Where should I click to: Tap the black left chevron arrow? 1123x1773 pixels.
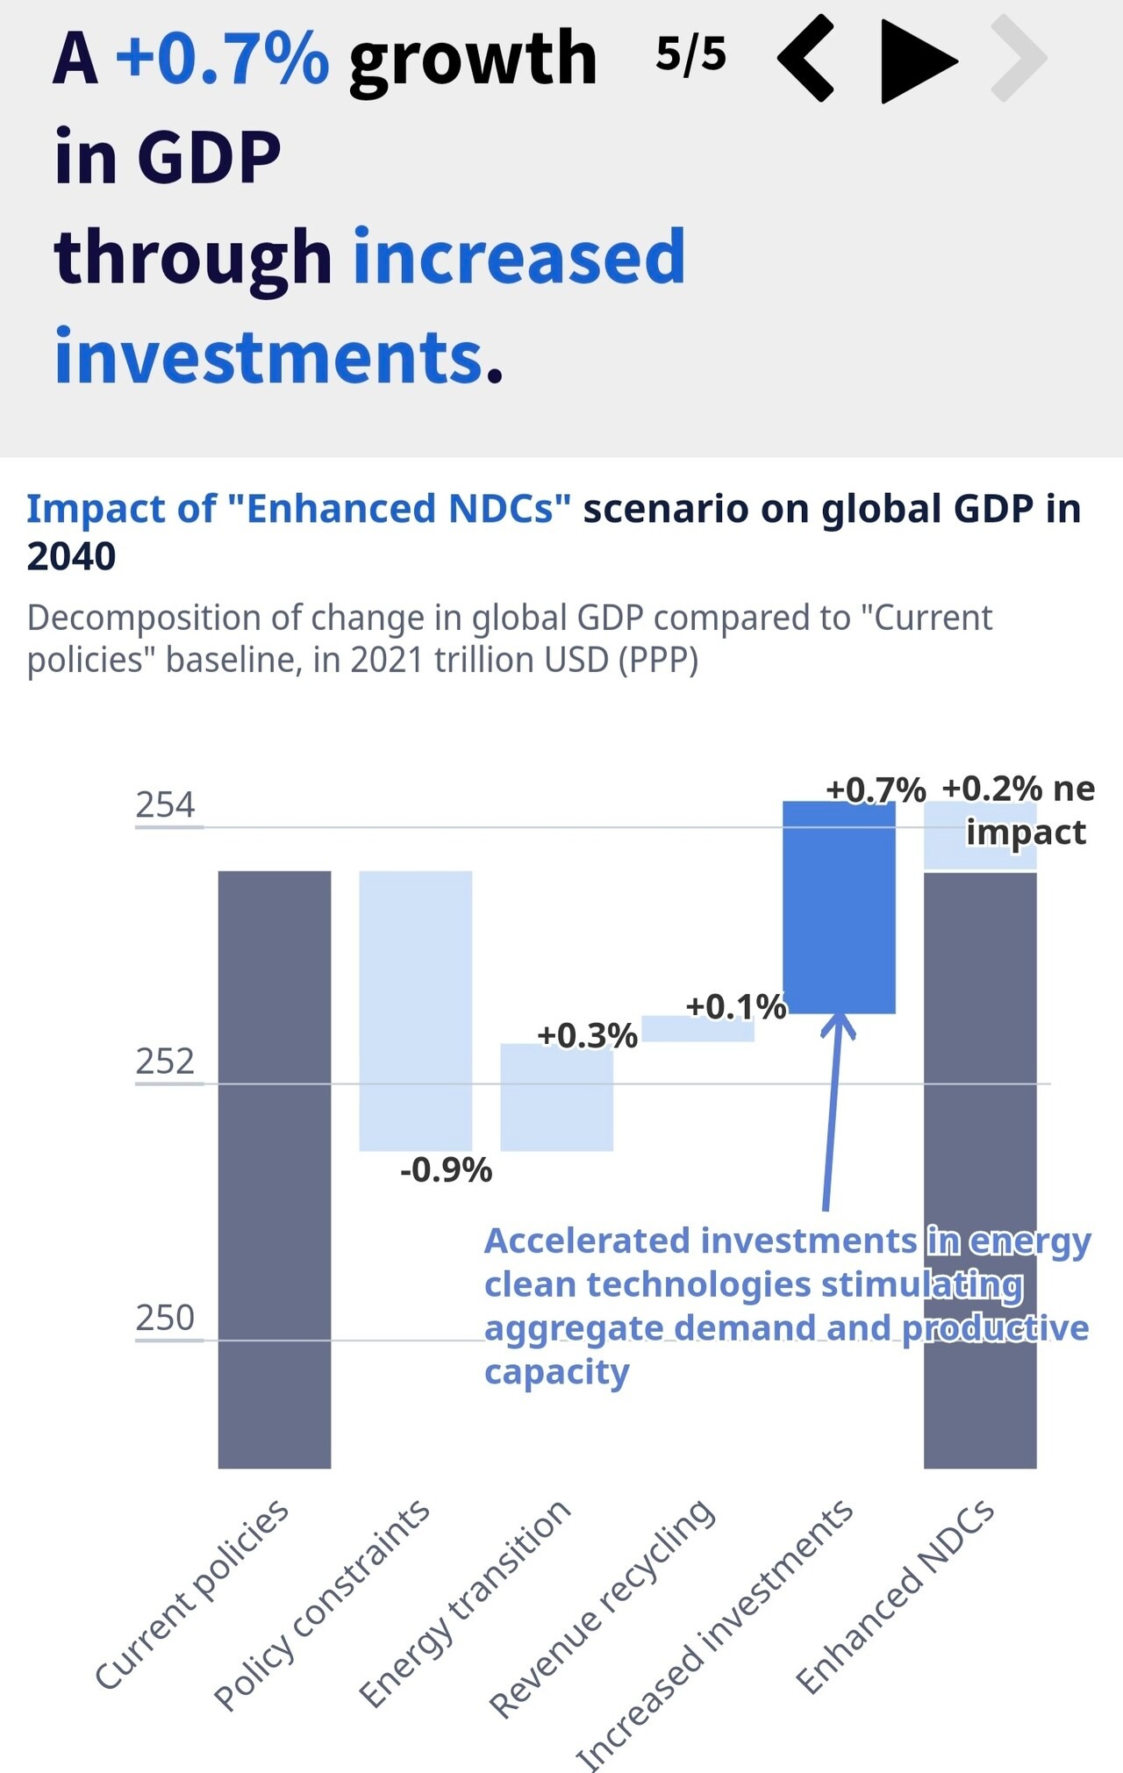tap(805, 59)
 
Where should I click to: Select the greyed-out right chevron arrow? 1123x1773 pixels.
tap(1019, 59)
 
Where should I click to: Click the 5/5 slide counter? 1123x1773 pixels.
tap(690, 54)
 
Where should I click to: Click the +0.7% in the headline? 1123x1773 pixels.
tap(222, 58)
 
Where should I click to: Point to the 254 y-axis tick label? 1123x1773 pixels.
tap(165, 804)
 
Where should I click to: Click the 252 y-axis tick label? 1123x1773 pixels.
tap(165, 1062)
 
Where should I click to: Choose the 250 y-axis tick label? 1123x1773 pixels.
tap(165, 1318)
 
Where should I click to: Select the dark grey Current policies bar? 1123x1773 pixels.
tap(275, 1167)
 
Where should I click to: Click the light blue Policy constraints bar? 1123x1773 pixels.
tap(416, 1009)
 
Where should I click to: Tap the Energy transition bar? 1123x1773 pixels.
tap(556, 1097)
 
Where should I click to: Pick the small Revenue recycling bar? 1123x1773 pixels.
tap(698, 1028)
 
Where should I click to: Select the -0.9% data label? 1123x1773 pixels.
tap(446, 1170)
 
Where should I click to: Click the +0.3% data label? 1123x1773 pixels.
tap(587, 1036)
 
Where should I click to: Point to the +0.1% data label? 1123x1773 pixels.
tap(735, 1007)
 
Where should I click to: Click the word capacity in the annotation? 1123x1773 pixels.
tap(556, 1372)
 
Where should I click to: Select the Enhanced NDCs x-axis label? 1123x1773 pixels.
tap(895, 1597)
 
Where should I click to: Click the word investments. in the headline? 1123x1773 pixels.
tap(279, 357)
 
